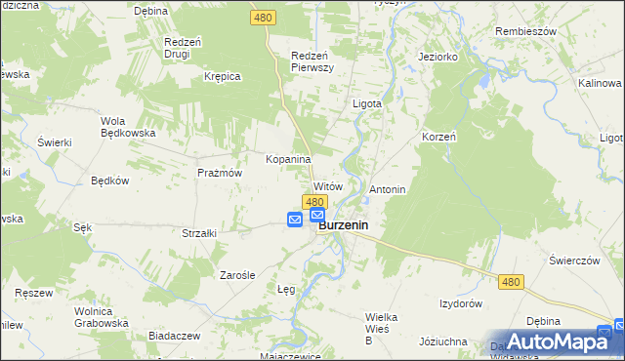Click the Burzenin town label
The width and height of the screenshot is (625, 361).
click(348, 224)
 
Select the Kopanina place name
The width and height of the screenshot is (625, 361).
click(288, 159)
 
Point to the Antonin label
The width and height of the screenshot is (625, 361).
click(387, 188)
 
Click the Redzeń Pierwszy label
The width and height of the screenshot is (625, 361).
click(313, 61)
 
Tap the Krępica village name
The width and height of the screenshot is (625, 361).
click(222, 76)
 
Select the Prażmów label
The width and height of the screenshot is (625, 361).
click(219, 172)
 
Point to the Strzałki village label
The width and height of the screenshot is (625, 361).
click(198, 233)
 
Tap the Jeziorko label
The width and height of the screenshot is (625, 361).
click(438, 57)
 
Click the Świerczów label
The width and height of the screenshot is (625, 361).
click(573, 261)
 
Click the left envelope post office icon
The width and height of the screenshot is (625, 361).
click(295, 221)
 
